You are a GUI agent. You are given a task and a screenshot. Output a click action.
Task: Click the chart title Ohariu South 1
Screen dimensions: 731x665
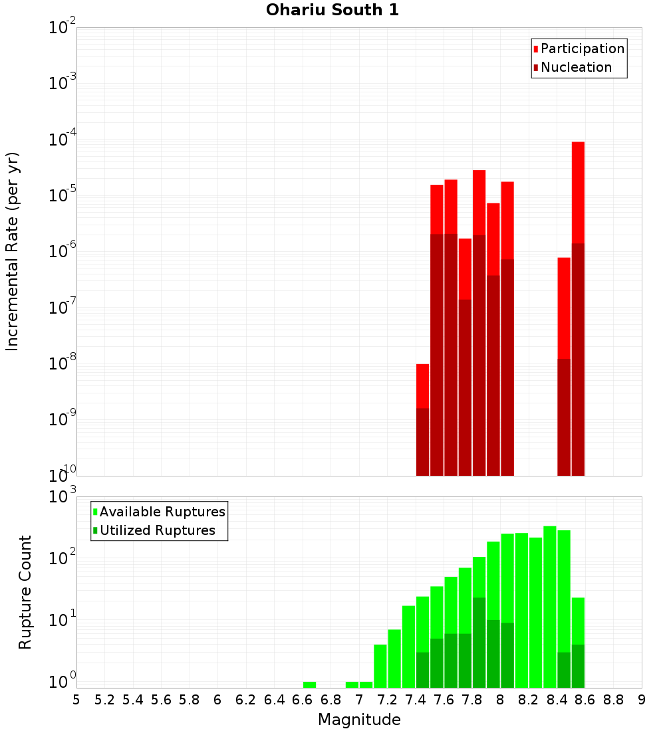click(x=332, y=11)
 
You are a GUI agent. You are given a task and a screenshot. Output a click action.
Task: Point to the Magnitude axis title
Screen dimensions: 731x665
click(x=359, y=720)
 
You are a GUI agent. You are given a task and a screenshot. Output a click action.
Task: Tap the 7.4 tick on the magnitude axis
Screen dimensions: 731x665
click(x=416, y=700)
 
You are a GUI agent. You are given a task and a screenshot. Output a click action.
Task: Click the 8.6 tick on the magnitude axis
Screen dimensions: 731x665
click(x=585, y=700)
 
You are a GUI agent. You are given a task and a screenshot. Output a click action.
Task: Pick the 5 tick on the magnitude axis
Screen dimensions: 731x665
click(x=76, y=700)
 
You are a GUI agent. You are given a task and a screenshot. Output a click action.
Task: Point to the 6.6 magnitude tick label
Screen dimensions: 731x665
click(x=303, y=700)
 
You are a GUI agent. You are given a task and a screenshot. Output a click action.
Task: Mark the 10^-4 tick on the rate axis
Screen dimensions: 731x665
click(x=61, y=140)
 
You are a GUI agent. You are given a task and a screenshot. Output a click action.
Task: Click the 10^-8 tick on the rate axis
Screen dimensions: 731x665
click(x=61, y=364)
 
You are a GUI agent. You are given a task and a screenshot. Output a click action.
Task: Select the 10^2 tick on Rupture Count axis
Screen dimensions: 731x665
click(x=61, y=557)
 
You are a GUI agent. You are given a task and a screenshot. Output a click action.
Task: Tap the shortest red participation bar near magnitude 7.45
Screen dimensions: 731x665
click(x=422, y=385)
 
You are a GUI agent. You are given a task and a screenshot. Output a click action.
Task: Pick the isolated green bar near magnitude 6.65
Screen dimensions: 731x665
click(x=309, y=684)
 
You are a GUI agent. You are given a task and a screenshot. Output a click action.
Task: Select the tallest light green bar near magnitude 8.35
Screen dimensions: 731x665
click(x=550, y=598)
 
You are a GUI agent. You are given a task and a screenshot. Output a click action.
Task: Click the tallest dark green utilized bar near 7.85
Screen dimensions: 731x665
click(x=479, y=641)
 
